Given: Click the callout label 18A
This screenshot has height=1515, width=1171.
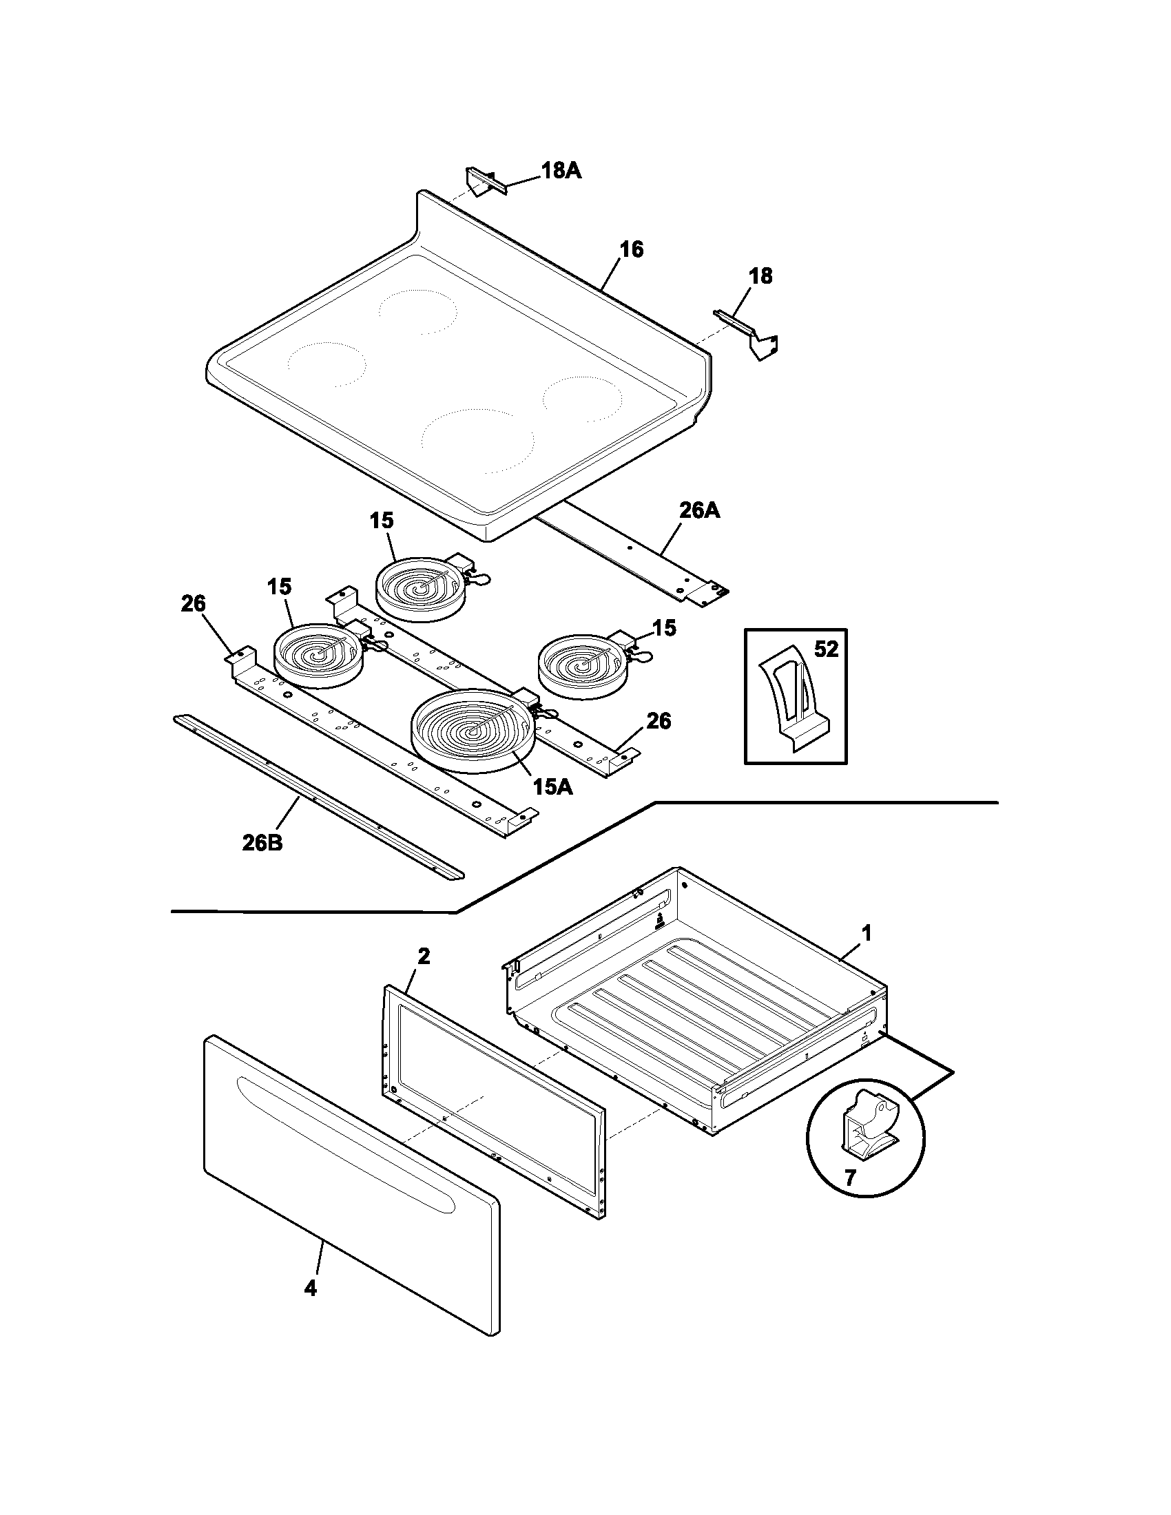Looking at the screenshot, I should click(x=561, y=171).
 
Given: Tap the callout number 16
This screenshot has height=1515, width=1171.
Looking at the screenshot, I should click(x=631, y=249).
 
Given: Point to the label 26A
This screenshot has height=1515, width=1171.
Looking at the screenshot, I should click(x=698, y=511).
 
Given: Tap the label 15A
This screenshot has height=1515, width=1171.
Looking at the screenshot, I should click(x=553, y=787).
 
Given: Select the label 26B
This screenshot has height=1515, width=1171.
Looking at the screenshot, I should click(x=262, y=843).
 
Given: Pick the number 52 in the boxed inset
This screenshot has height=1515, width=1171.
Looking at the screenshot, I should click(x=825, y=650).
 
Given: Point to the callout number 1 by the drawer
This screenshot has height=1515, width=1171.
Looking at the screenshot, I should click(x=866, y=933).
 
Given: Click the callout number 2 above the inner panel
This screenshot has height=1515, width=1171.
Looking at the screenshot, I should click(x=423, y=957).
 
